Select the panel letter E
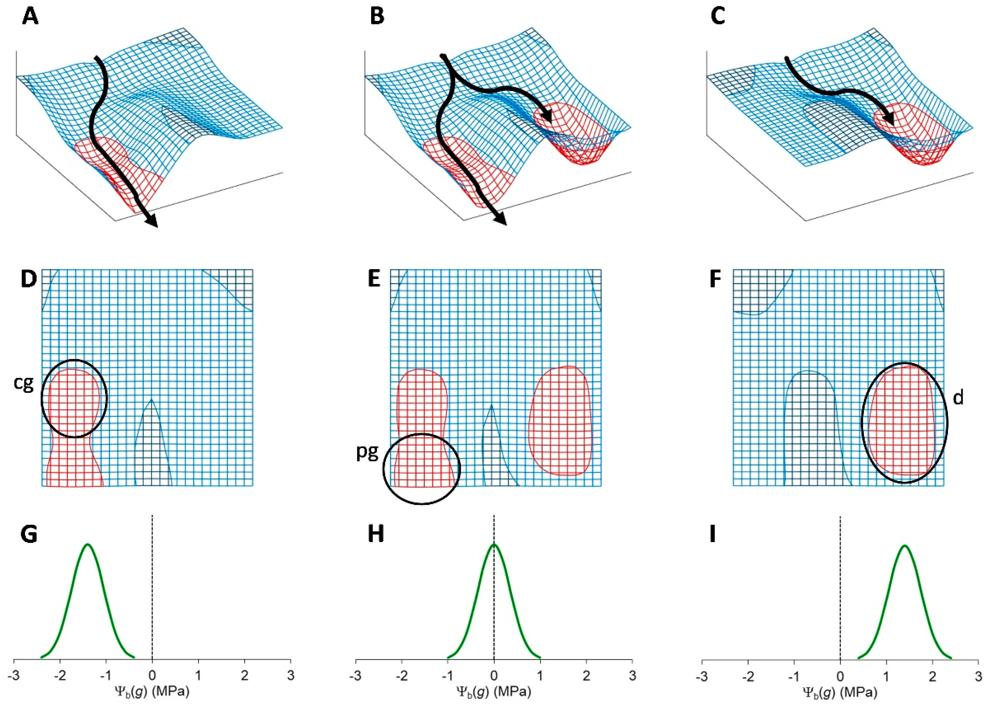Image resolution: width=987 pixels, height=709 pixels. pyautogui.click(x=374, y=279)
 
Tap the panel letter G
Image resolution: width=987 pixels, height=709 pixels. pyautogui.click(x=29, y=535)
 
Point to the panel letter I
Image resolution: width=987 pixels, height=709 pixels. pyautogui.click(x=712, y=535)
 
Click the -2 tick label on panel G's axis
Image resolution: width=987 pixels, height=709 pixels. pyautogui.click(x=60, y=676)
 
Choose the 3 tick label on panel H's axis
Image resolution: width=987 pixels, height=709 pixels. pyautogui.click(x=632, y=676)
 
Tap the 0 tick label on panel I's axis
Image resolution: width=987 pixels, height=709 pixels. pyautogui.click(x=840, y=676)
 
